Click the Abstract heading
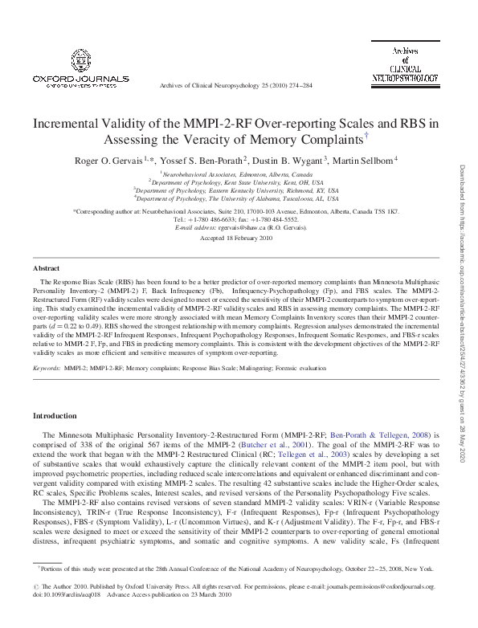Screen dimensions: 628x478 (x=46, y=267)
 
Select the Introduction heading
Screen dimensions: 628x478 (x=54, y=416)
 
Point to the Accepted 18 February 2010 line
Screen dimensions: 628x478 (x=239, y=239)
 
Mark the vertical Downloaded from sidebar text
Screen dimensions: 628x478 (x=464, y=313)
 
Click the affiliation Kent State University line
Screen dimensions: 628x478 (x=239, y=182)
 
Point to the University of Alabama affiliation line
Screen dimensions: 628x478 (x=239, y=197)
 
